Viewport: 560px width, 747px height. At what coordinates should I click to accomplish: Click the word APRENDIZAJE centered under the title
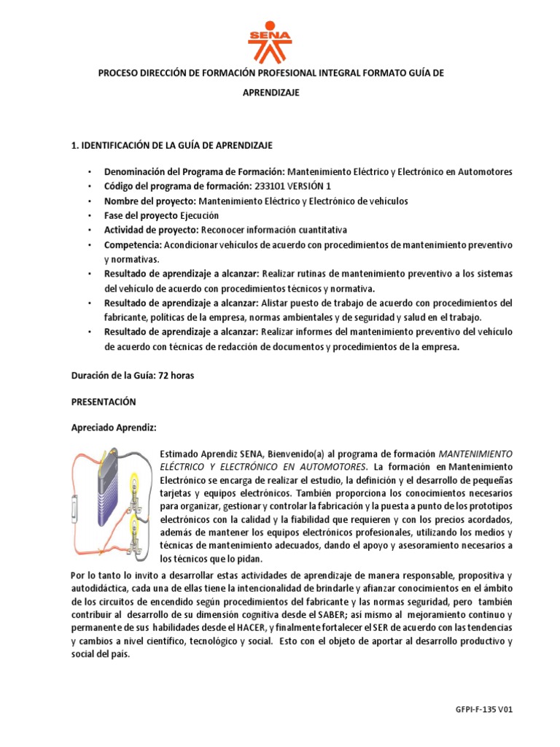pos(271,93)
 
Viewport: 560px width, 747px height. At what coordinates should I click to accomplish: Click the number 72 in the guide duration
pos(164,376)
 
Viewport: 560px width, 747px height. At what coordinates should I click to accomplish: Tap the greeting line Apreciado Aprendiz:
pos(113,427)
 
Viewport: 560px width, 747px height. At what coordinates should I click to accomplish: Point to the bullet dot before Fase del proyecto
pos(89,216)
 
